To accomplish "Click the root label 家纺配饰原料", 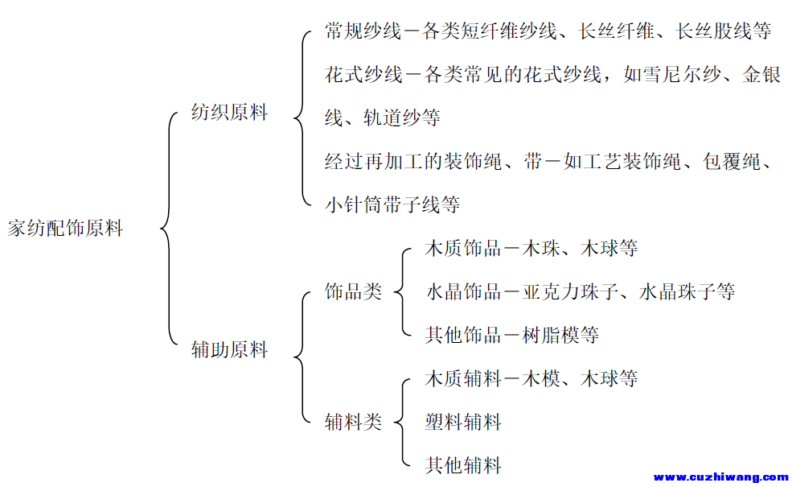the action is pos(65,228).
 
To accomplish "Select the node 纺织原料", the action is pos(229,112).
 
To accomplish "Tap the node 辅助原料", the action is pos(229,349).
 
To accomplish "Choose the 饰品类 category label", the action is pos(353,291).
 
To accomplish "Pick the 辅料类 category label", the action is pos(353,422).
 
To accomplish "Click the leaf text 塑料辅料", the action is pos(463,422).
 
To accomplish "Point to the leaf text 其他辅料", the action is pos(463,465).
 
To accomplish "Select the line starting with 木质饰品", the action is pos(531,248).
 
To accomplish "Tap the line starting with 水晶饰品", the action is pos(581,291).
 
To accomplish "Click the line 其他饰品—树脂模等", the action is pos(512,335).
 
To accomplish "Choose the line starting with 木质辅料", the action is pos(531,378).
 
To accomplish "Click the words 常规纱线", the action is pos(363,31).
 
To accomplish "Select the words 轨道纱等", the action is pos(401,118).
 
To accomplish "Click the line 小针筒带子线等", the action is pos(392,204).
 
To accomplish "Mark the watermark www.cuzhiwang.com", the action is pos(721,477).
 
